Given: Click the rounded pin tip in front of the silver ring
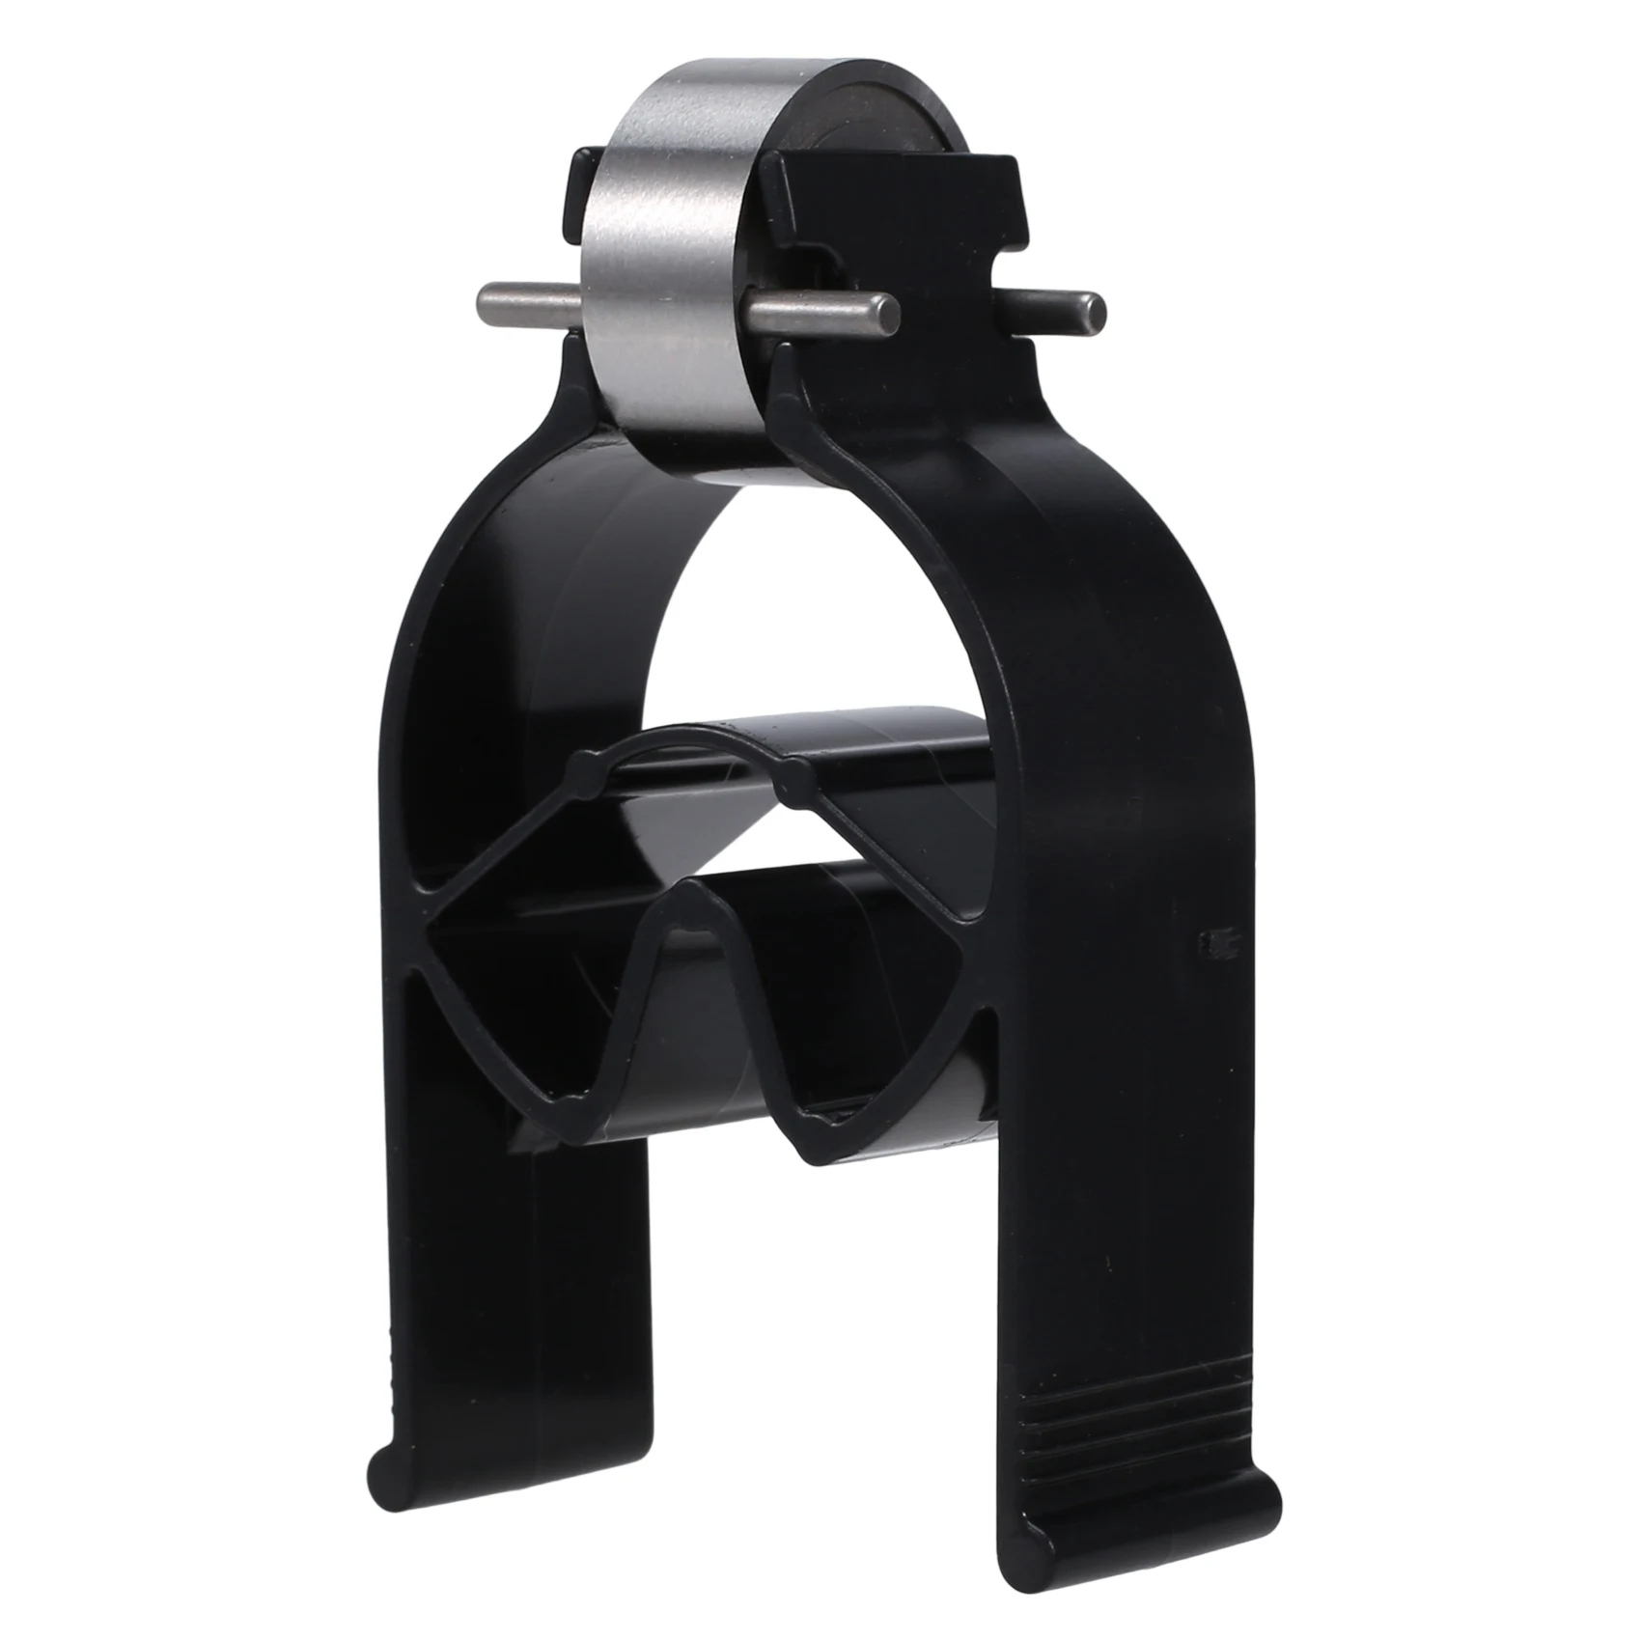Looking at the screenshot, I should (883, 310).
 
